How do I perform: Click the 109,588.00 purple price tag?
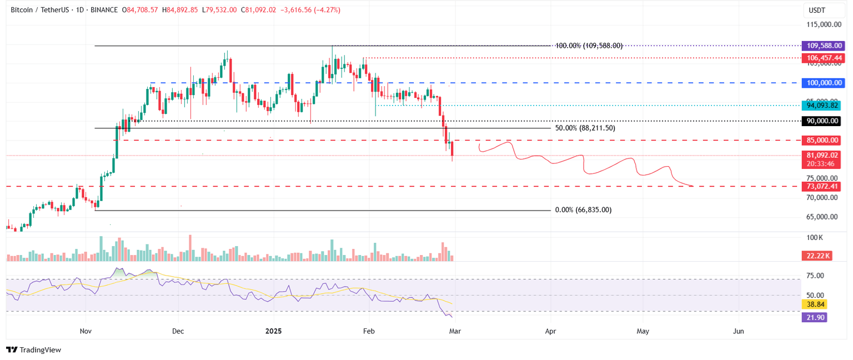point(821,46)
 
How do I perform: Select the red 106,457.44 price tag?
point(821,58)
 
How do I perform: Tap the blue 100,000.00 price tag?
point(821,83)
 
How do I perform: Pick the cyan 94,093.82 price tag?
point(821,106)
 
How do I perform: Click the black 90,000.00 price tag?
point(821,121)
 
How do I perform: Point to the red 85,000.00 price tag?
point(821,141)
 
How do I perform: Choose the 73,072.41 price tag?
point(821,187)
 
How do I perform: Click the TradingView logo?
point(33,350)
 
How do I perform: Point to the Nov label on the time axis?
point(86,331)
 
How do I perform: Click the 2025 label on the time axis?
point(273,331)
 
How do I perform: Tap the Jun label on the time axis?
point(739,331)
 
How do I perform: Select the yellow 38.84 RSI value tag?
point(815,304)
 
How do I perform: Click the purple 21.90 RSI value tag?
point(815,317)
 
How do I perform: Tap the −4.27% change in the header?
point(328,10)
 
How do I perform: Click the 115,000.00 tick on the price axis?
point(822,24)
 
